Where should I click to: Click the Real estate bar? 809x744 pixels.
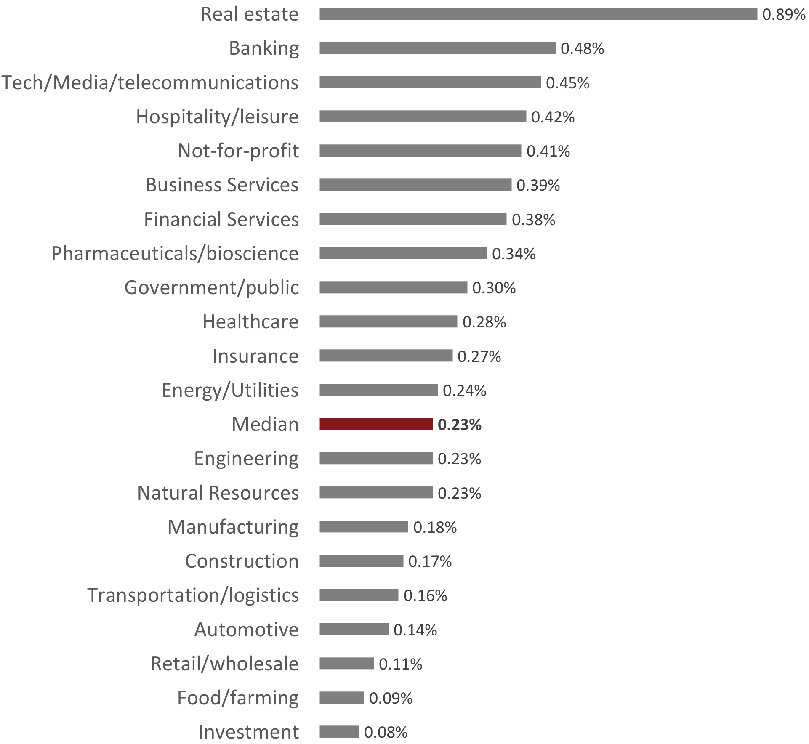coord(538,14)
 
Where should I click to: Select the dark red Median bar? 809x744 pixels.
coord(376,424)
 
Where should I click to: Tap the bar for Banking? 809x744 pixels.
coord(437,48)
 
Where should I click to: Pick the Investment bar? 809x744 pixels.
coord(339,732)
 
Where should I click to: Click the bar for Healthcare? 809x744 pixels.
coord(388,322)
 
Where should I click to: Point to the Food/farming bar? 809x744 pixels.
coord(341,698)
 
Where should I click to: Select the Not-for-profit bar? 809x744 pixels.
coord(420,151)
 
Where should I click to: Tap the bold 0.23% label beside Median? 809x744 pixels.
coord(459,425)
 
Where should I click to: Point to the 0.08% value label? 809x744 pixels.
coord(386,733)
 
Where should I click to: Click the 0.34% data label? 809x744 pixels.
coord(514,254)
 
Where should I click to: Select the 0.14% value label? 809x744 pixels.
coord(415,630)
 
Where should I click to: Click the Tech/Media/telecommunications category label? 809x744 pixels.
coord(150,82)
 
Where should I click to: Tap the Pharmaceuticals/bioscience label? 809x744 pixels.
coord(175,253)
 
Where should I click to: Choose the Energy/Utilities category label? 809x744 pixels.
coord(230,390)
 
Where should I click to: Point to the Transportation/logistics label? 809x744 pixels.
coord(193,595)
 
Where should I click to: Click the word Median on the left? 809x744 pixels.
coord(265,424)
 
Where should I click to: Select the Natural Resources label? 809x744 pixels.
coord(218,493)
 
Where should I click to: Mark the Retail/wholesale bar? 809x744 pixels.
coord(346,664)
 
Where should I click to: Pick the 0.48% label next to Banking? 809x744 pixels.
coord(582,49)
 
